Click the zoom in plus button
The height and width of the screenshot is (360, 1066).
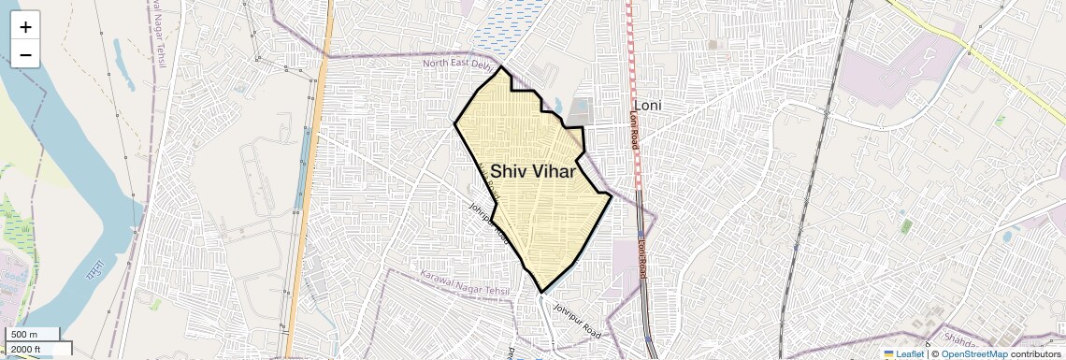(x=25, y=27)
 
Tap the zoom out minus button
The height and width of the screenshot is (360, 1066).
(x=25, y=55)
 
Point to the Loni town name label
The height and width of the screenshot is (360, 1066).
(x=647, y=106)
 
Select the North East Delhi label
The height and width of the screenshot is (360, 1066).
(x=457, y=64)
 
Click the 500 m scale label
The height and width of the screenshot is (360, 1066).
(x=24, y=335)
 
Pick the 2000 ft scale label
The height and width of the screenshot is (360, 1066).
(x=27, y=349)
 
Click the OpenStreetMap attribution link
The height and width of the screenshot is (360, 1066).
(x=973, y=353)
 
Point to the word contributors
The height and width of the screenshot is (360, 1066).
(x=1035, y=353)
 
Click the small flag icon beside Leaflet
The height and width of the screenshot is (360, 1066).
(x=888, y=353)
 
